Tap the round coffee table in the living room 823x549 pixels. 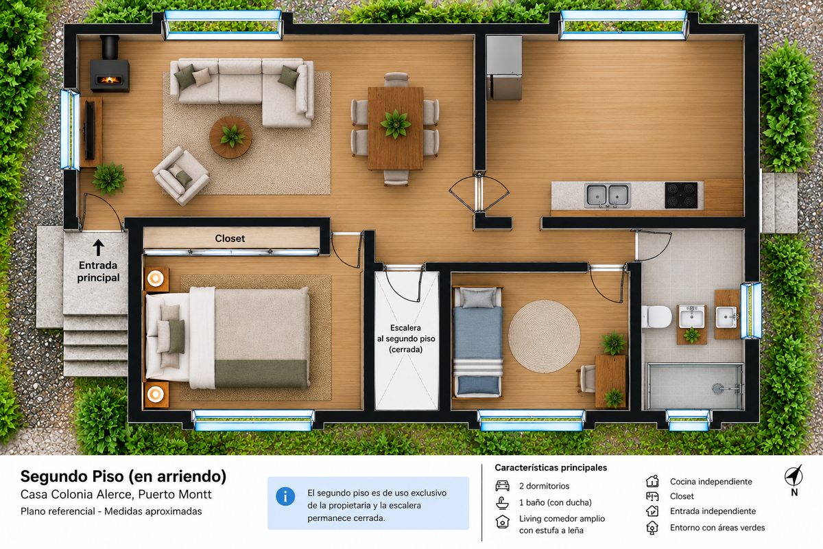coord(230,137)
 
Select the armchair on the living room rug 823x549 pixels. coord(181,176)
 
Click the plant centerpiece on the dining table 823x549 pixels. coord(395,124)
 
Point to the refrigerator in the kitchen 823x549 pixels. coord(505,68)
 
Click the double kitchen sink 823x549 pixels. coord(608,195)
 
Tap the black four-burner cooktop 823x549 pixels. coord(681,196)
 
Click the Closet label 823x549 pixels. coord(230,238)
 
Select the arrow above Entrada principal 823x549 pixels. coord(98,248)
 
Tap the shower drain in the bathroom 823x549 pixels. coord(717,388)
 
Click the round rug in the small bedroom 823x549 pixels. coord(544,336)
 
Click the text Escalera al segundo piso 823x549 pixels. coord(406,333)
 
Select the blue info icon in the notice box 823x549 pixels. coord(285,497)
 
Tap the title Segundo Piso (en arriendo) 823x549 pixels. coord(123,476)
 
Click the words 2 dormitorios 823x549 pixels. coord(544,486)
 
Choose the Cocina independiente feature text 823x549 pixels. coord(711,481)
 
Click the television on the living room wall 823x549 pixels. coord(90,130)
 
